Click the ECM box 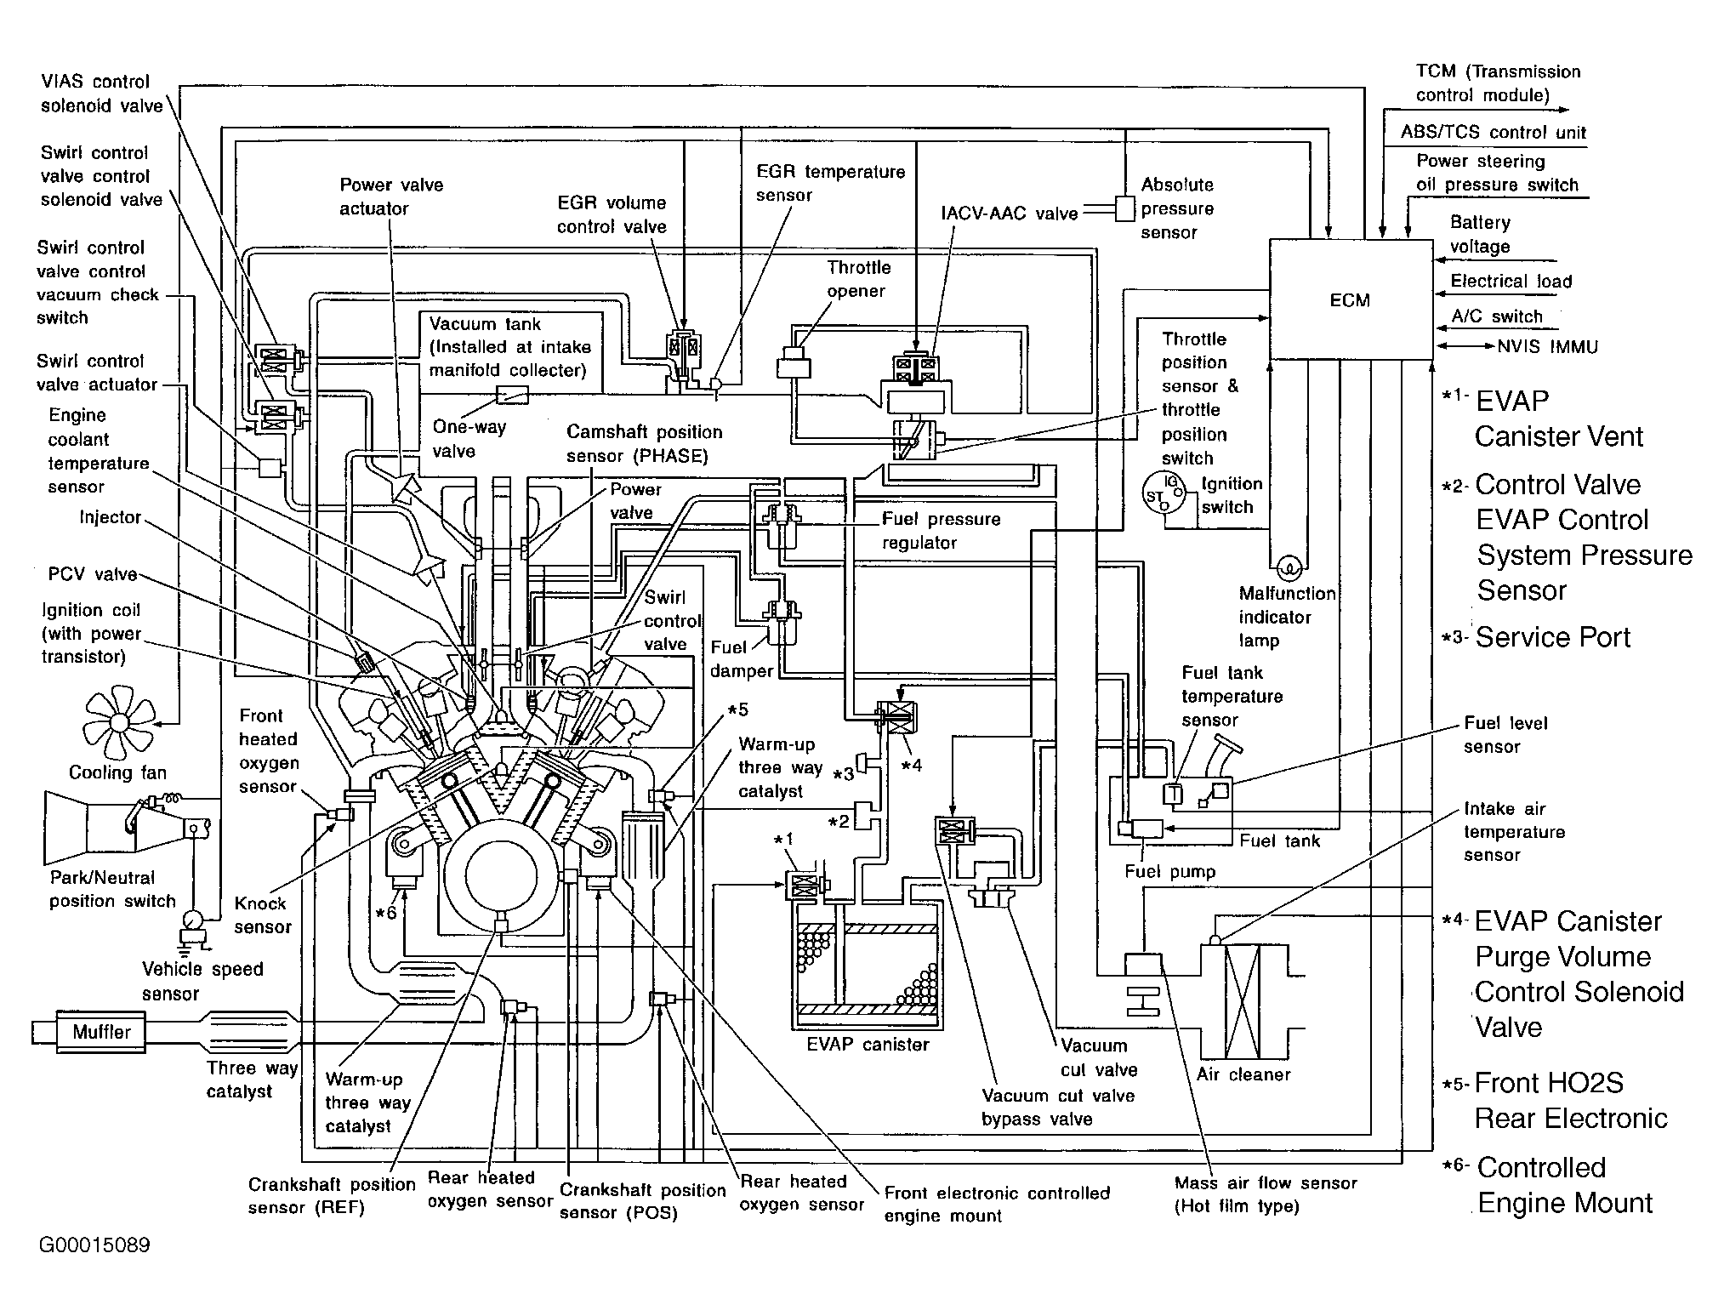pyautogui.click(x=1351, y=299)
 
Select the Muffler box pyautogui.click(x=101, y=1032)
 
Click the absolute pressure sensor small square pyautogui.click(x=1124, y=208)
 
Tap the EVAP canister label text pyautogui.click(x=868, y=1044)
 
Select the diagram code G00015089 pyautogui.click(x=94, y=1245)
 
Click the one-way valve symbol pyautogui.click(x=512, y=395)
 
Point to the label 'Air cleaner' pyautogui.click(x=1243, y=1074)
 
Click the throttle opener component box pyautogui.click(x=794, y=363)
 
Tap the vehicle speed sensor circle pyautogui.click(x=193, y=920)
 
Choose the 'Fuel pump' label pyautogui.click(x=1170, y=871)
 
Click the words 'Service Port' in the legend pyautogui.click(x=1553, y=637)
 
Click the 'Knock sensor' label pyautogui.click(x=263, y=915)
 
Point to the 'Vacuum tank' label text pyautogui.click(x=485, y=324)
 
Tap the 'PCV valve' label pyautogui.click(x=93, y=574)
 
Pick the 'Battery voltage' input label pyautogui.click(x=1480, y=235)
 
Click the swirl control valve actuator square pyautogui.click(x=269, y=467)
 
